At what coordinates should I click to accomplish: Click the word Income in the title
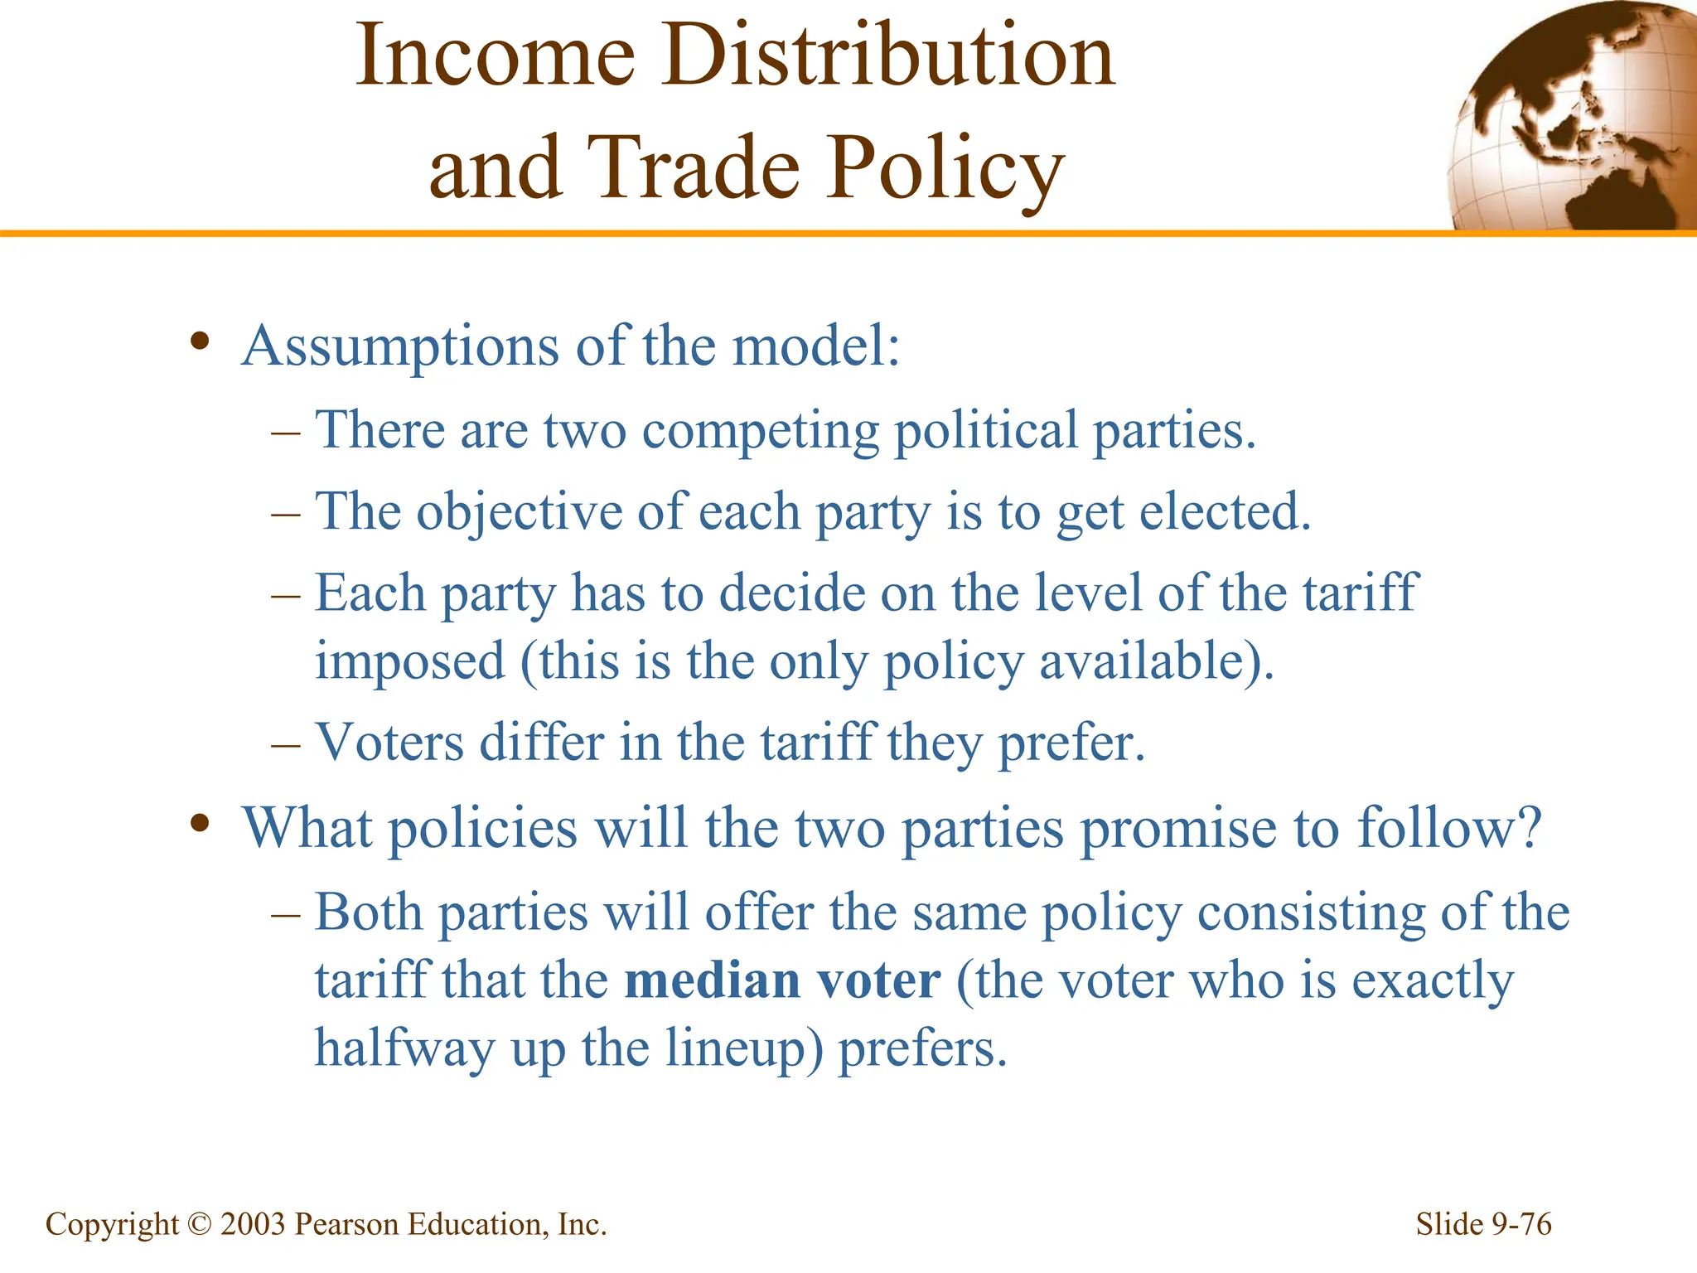[x=495, y=56]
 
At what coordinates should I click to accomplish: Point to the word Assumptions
[x=400, y=346]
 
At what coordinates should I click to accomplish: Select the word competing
[x=760, y=432]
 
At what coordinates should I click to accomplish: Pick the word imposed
[x=409, y=661]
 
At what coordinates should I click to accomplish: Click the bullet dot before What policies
[x=199, y=823]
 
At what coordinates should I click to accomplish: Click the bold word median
[x=712, y=981]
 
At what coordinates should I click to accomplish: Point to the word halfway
[x=404, y=1049]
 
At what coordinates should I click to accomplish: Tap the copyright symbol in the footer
[x=199, y=1224]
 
